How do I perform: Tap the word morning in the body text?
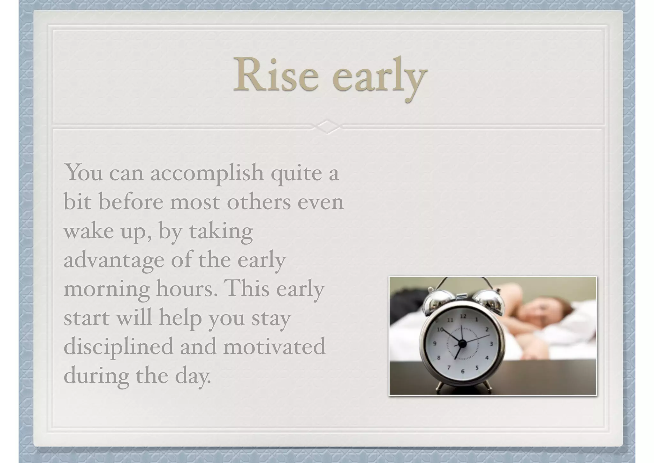pyautogui.click(x=107, y=289)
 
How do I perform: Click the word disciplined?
pyautogui.click(x=118, y=346)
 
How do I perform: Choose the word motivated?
pyautogui.click(x=274, y=346)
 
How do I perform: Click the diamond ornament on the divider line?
pyautogui.click(x=327, y=127)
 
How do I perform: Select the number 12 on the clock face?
pyautogui.click(x=463, y=316)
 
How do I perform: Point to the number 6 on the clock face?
pyautogui.click(x=462, y=371)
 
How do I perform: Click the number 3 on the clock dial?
pyautogui.click(x=491, y=344)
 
